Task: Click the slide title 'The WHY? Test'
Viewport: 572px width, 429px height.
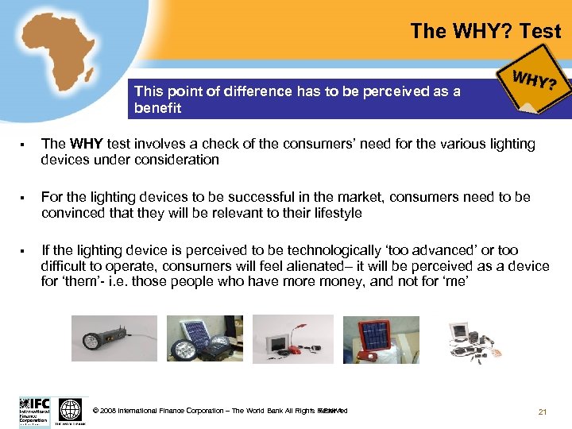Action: point(485,32)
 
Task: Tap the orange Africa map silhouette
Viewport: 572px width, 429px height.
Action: point(56,60)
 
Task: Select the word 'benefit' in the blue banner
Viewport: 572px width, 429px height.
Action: point(157,108)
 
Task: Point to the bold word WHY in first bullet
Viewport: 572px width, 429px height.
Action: point(85,144)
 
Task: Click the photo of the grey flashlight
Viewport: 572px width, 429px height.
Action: point(102,338)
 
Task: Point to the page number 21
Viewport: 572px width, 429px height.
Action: point(543,411)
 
